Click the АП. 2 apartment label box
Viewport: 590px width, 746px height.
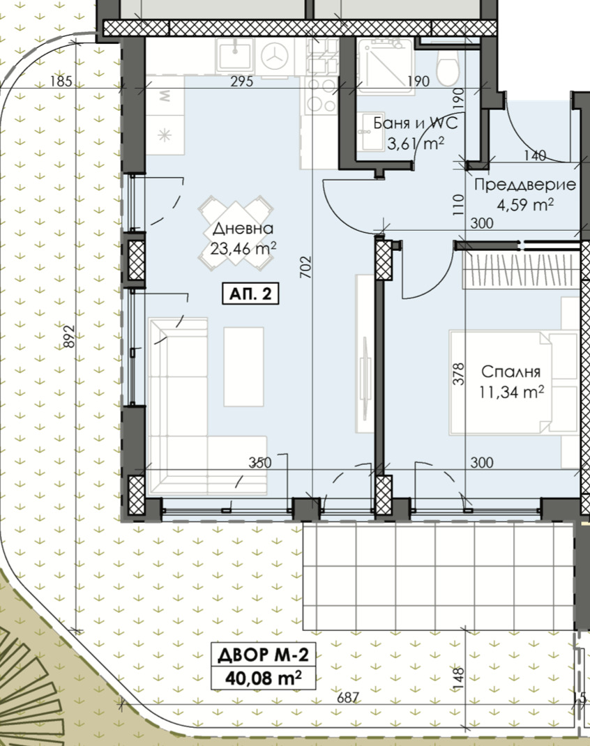(251, 294)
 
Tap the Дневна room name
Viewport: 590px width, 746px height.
(243, 229)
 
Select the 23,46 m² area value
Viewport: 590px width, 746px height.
(243, 248)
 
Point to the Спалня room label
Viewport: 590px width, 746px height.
(510, 372)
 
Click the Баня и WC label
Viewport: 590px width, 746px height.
(416, 123)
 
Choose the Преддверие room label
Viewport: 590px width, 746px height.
(525, 185)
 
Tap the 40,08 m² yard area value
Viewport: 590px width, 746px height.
(263, 678)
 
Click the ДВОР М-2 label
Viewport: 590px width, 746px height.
(263, 655)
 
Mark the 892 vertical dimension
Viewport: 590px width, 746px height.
(70, 336)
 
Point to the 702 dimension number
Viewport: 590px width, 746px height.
(305, 268)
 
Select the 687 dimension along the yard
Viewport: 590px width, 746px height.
(348, 697)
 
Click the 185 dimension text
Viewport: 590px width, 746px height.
(61, 82)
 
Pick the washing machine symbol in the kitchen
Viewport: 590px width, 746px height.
(275, 57)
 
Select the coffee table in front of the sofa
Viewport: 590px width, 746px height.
(243, 367)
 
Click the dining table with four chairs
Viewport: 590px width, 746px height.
(236, 233)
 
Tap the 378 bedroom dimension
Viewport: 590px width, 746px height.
(458, 374)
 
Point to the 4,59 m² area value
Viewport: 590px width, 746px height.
(525, 205)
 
